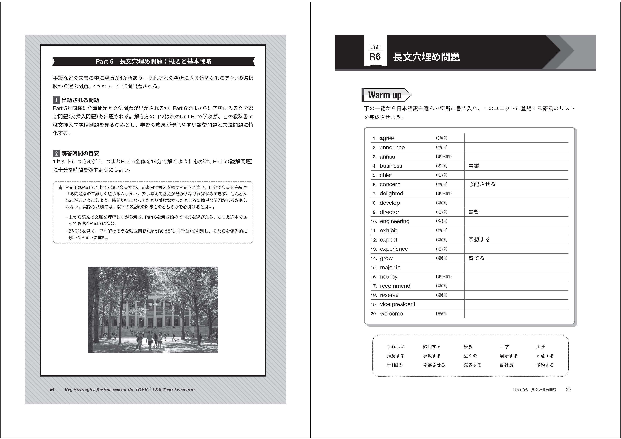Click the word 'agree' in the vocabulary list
(x=387, y=138)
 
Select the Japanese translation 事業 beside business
(x=474, y=166)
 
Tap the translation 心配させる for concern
(x=482, y=184)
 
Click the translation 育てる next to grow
(x=476, y=258)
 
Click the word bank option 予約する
(x=545, y=365)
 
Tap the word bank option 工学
(x=504, y=346)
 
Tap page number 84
(x=52, y=389)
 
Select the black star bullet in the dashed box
(x=61, y=187)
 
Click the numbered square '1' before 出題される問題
(x=56, y=100)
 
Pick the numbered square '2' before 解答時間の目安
(x=56, y=154)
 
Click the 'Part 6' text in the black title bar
(x=104, y=61)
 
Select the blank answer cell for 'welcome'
(x=516, y=314)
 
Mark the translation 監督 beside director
(x=474, y=212)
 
